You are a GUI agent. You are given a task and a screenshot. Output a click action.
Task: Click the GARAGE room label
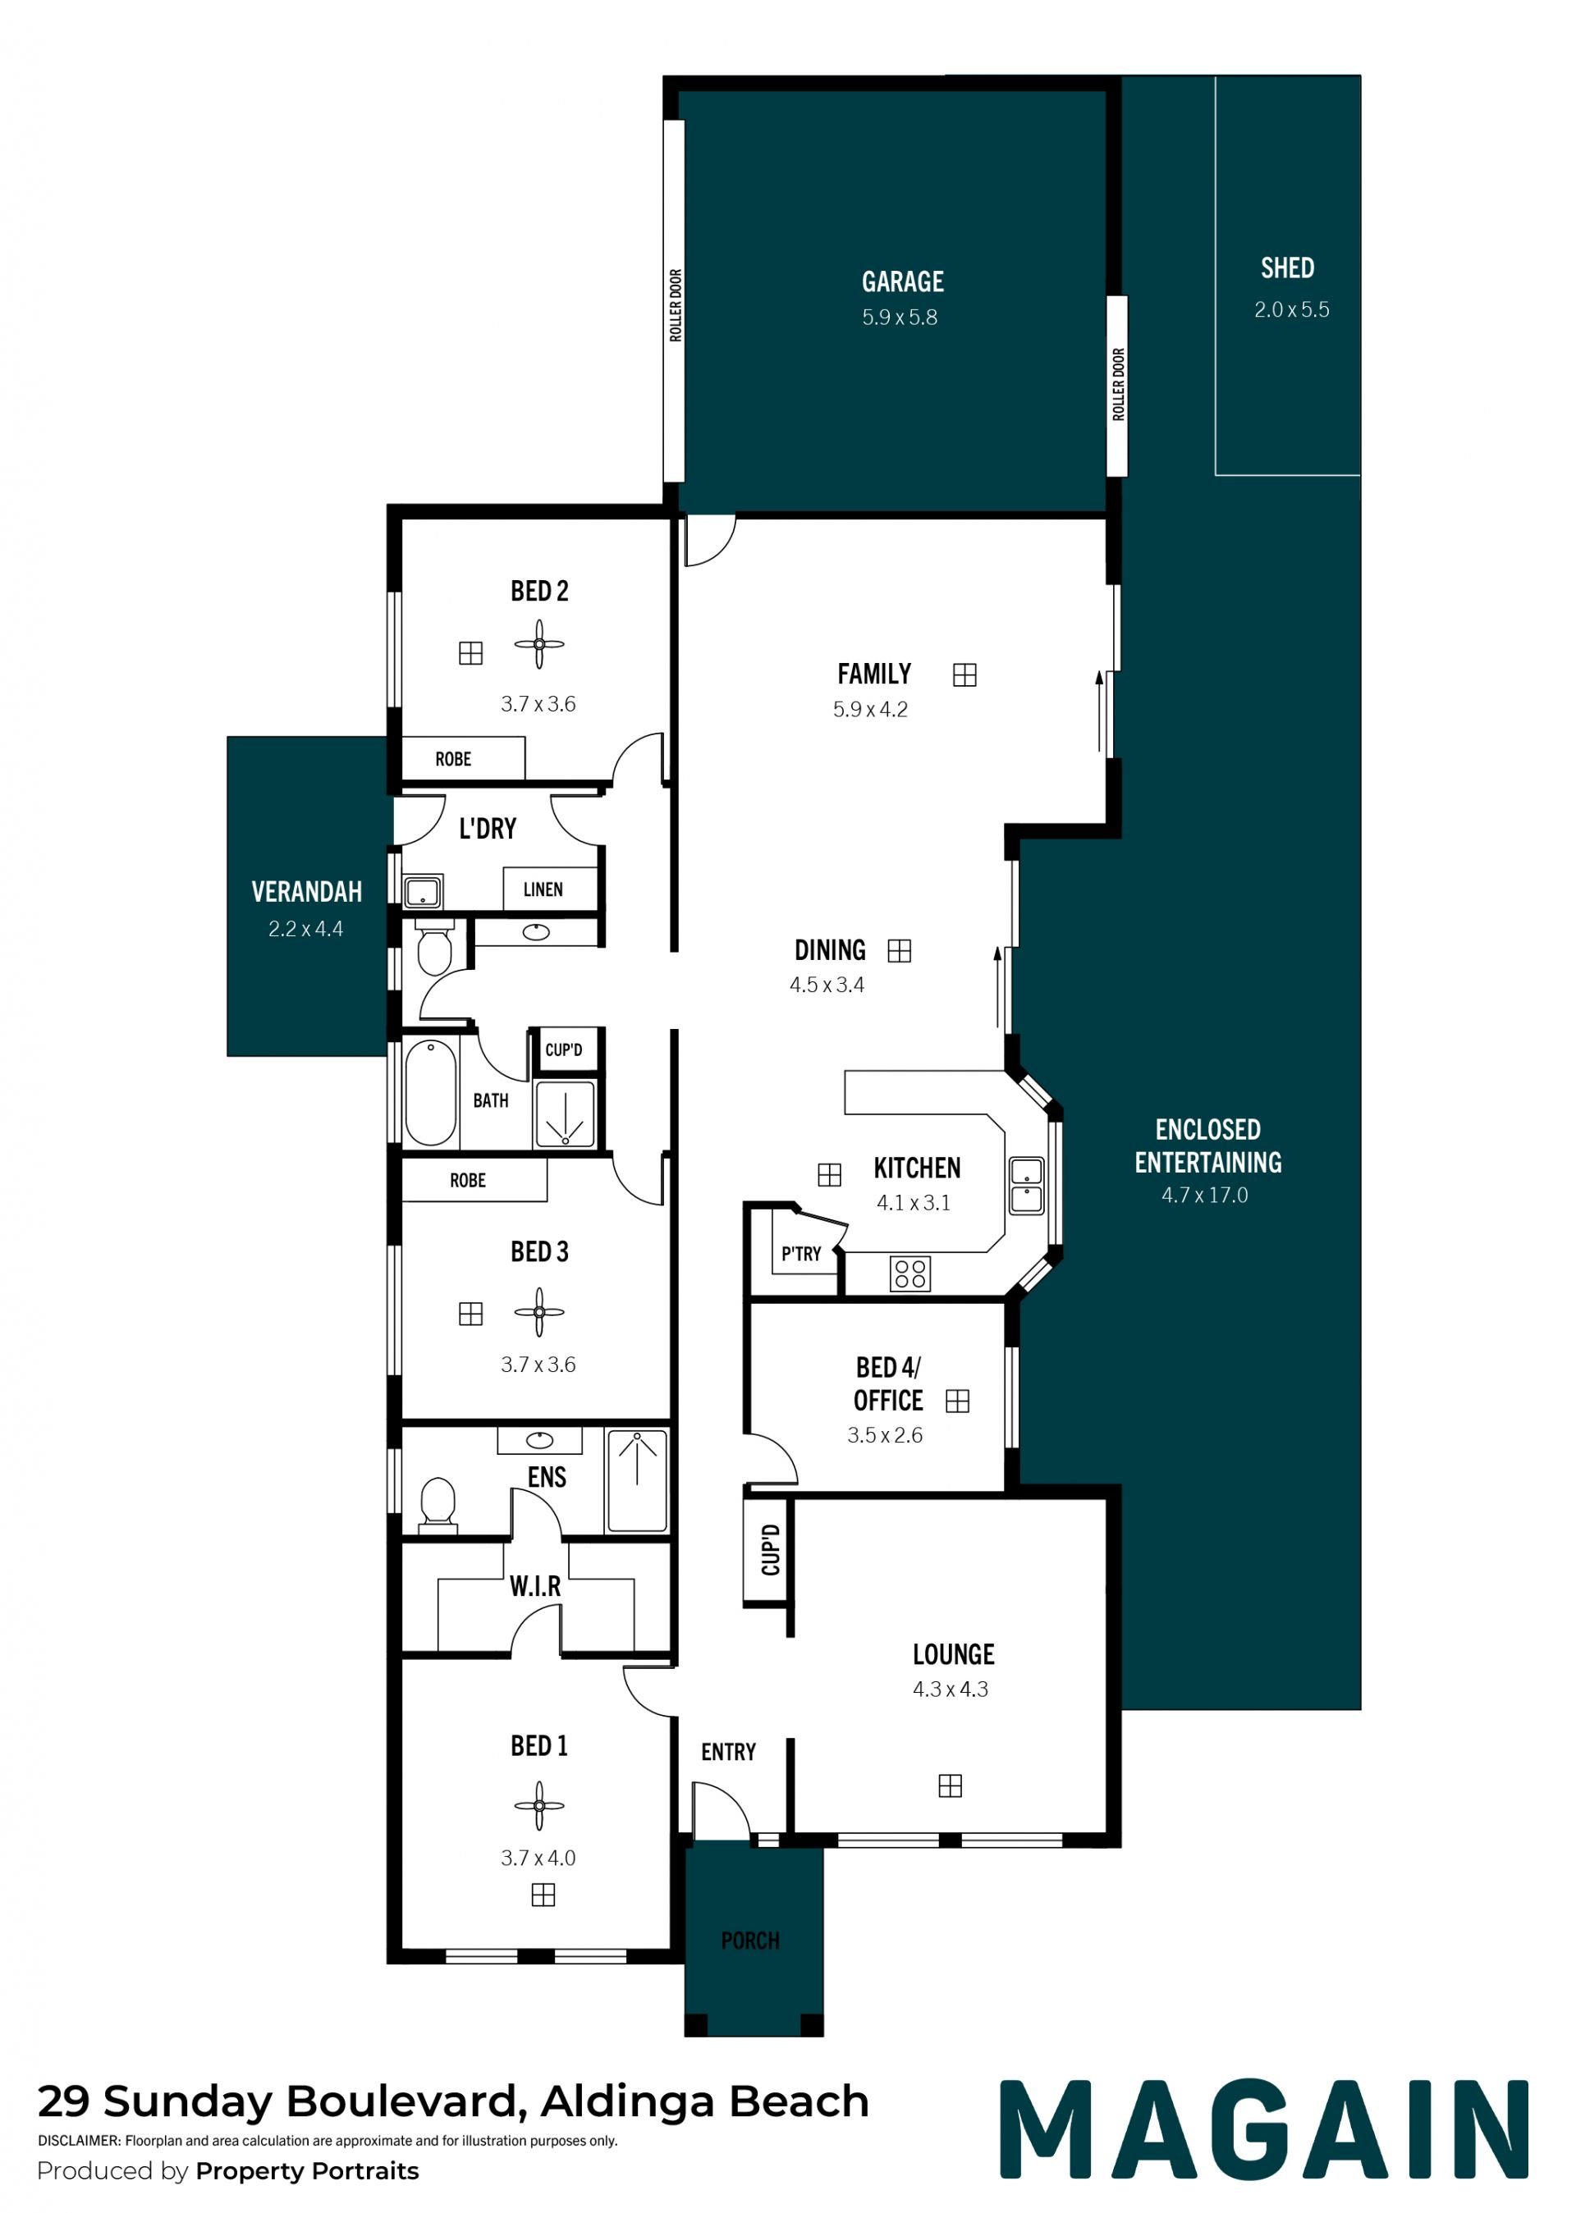tap(903, 281)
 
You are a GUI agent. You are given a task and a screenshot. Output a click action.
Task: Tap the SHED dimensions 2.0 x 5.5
tap(1292, 309)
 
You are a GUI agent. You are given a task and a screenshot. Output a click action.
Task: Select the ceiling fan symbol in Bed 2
tap(539, 644)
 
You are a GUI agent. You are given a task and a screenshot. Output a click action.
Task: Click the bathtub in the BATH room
tap(431, 1092)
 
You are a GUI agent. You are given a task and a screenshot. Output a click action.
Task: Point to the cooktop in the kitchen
tap(910, 1273)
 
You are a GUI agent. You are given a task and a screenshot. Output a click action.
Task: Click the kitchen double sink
tap(1027, 1186)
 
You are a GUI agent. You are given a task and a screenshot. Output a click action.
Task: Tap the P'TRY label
tap(802, 1254)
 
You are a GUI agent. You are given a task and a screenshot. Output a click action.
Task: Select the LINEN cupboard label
tap(543, 889)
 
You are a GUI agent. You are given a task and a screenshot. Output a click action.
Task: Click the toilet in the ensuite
tap(438, 1506)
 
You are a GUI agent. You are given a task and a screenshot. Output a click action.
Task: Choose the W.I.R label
tap(536, 1586)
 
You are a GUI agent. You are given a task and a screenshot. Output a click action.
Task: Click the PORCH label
tap(750, 1941)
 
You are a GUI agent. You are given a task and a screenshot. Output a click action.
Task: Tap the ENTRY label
tap(729, 1751)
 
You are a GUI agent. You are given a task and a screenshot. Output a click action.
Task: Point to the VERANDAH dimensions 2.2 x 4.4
tap(305, 929)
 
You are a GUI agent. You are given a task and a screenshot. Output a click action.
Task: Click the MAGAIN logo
tap(1264, 2128)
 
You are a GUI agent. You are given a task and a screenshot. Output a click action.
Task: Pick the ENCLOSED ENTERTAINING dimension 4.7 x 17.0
tap(1205, 1196)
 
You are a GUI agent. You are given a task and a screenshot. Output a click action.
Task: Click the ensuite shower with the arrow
tap(637, 1480)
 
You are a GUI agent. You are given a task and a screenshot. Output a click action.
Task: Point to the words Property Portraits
tap(307, 2170)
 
